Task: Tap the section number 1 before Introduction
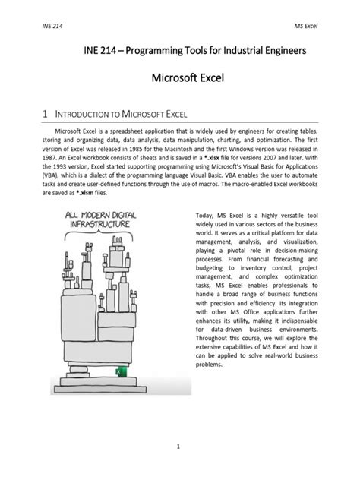point(46,114)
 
